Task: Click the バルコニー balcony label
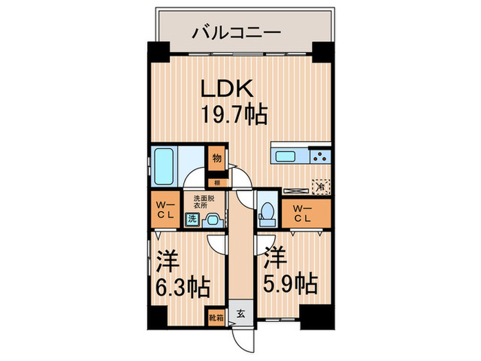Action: [236, 32]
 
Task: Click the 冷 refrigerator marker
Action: [320, 185]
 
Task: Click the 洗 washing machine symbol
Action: [193, 219]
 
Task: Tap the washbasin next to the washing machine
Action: [212, 220]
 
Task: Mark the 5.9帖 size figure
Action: [288, 283]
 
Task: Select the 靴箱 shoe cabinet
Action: [216, 318]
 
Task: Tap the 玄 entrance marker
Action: [241, 314]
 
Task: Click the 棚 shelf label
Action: [216, 183]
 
